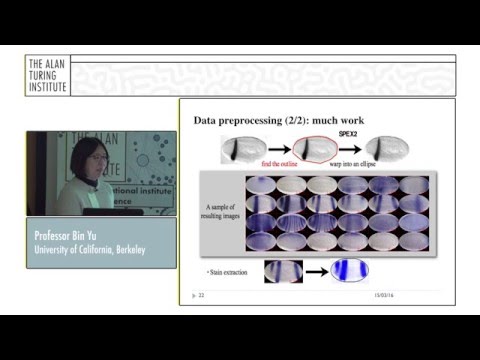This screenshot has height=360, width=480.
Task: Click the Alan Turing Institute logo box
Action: click(48, 75)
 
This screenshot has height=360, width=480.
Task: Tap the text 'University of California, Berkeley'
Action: click(89, 249)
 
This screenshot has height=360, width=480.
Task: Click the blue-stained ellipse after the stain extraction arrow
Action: click(350, 271)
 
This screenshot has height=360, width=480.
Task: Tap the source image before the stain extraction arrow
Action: click(283, 271)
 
